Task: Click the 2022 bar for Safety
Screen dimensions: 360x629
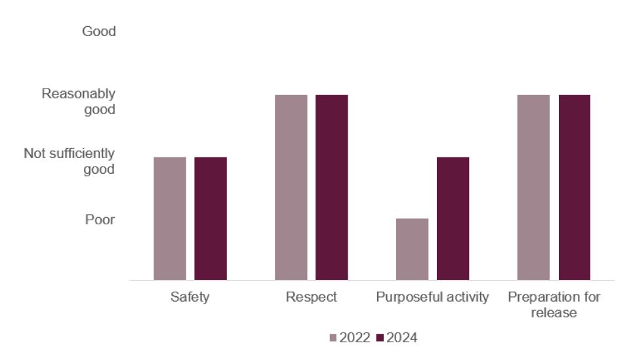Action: pyautogui.click(x=170, y=218)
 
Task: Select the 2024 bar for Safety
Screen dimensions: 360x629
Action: pyautogui.click(x=211, y=218)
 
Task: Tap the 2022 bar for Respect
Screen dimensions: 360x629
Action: pyautogui.click(x=291, y=188)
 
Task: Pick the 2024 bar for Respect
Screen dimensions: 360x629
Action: pyautogui.click(x=332, y=188)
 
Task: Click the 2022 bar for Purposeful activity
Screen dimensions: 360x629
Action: pyautogui.click(x=413, y=249)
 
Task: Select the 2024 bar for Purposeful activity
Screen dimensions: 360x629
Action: pyautogui.click(x=453, y=218)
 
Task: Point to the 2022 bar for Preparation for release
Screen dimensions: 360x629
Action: pyautogui.click(x=533, y=188)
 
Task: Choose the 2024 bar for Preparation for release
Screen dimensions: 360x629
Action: pyautogui.click(x=575, y=188)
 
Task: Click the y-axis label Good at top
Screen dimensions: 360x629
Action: pyautogui.click(x=98, y=31)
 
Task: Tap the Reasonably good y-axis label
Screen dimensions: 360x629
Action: pyautogui.click(x=78, y=102)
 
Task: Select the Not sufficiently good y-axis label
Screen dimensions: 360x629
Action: pyautogui.click(x=69, y=161)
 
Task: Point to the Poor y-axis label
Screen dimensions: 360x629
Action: pyautogui.click(x=100, y=220)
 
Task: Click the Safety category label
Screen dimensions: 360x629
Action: pyautogui.click(x=190, y=297)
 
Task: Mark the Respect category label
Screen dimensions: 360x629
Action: pyautogui.click(x=312, y=297)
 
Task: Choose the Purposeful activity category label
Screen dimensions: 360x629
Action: pyautogui.click(x=433, y=297)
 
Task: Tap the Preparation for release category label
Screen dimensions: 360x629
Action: pyautogui.click(x=554, y=305)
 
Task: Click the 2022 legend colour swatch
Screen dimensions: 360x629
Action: pyautogui.click(x=333, y=338)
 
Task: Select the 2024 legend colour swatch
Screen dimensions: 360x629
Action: pyautogui.click(x=380, y=338)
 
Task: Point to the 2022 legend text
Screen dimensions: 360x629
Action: pyautogui.click(x=355, y=338)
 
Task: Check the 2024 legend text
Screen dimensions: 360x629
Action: pyautogui.click(x=402, y=338)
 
